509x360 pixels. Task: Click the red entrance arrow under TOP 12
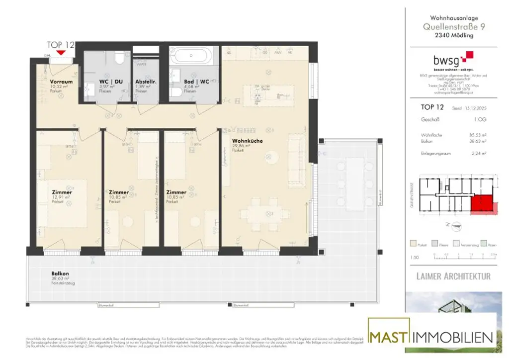point(61,52)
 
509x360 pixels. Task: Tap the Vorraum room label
point(62,82)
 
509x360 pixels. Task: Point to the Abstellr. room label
point(146,82)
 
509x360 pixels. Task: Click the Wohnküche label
point(247,141)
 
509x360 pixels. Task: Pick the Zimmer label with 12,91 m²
point(62,192)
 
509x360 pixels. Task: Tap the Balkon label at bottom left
point(60,273)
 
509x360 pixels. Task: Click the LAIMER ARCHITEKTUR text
point(453,276)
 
